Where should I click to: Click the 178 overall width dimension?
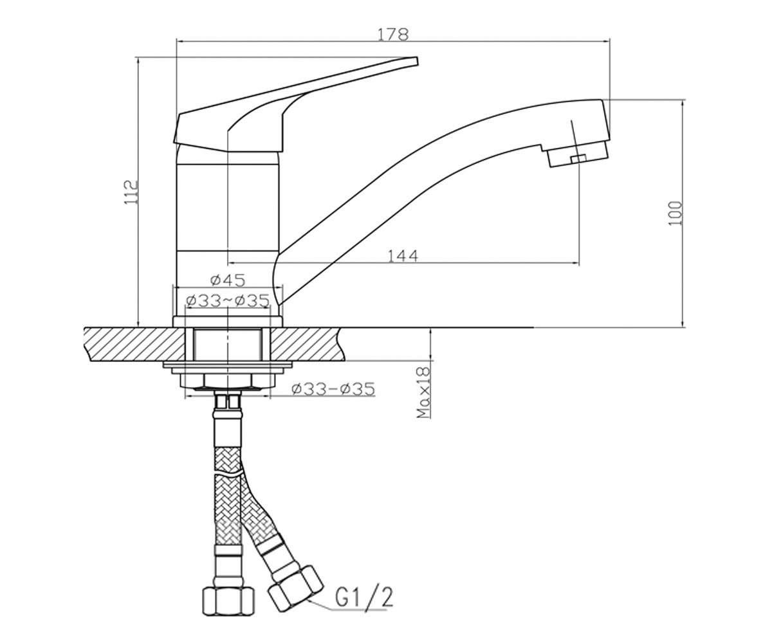coord(393,34)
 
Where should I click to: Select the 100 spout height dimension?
coord(675,213)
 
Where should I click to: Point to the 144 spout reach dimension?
coord(403,256)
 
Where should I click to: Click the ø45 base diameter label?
coord(228,280)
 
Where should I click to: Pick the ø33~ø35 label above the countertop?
coord(228,301)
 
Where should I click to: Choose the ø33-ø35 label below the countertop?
coord(333,389)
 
